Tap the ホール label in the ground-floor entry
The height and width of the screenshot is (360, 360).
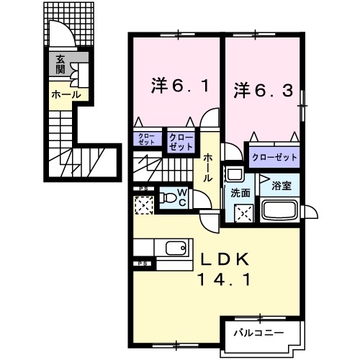pos(65,94)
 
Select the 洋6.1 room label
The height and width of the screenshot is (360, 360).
pos(180,85)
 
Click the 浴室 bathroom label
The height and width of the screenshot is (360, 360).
pos(281,185)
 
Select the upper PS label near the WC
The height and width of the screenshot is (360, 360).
pos(143,190)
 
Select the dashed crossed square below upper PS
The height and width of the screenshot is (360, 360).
pos(144,207)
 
